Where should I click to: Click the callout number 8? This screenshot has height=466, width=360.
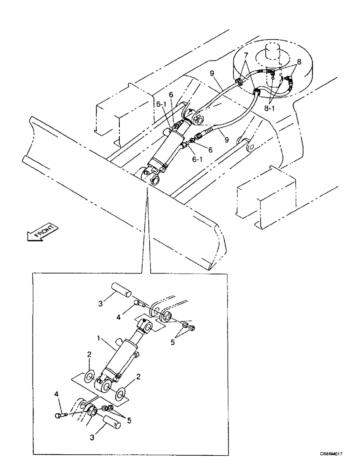point(299,61)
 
